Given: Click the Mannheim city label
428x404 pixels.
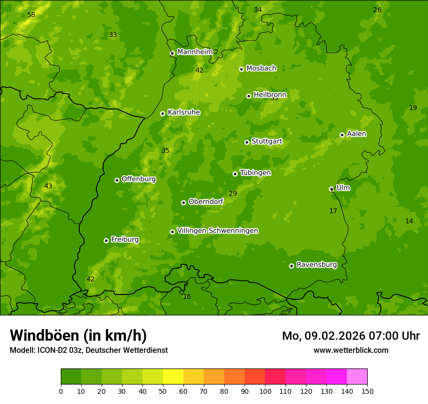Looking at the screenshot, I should [x=195, y=52].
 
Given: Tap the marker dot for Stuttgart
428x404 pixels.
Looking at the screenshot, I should [x=247, y=142].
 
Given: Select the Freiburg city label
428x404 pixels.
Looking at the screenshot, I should [x=125, y=239].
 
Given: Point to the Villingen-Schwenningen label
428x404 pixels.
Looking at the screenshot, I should [x=217, y=231].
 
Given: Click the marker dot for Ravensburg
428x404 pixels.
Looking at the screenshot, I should [x=291, y=266].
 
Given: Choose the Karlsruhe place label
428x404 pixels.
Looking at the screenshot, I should [x=183, y=112].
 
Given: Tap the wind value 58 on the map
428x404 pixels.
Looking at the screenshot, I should [x=31, y=15].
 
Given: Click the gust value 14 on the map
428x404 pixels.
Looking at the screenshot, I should [x=409, y=221].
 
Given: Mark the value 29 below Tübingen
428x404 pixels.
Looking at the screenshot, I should [x=233, y=194].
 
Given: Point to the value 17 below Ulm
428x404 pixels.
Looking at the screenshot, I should [x=333, y=211].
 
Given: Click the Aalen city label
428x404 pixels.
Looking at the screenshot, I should [x=357, y=134].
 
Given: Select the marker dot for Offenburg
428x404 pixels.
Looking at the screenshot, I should [x=117, y=180].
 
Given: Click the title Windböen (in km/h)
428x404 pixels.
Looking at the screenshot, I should [x=78, y=335].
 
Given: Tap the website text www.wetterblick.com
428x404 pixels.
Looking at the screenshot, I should [x=351, y=350].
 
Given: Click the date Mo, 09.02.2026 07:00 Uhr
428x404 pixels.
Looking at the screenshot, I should [x=351, y=336].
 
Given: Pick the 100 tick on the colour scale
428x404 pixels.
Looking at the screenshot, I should [x=265, y=391].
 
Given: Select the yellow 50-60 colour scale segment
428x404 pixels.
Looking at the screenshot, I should [x=173, y=377].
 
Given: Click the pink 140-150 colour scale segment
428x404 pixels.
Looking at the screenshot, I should [x=357, y=377].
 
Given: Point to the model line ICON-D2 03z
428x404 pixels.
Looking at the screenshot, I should [x=89, y=350].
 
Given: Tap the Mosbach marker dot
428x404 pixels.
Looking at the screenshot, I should [x=241, y=69].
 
